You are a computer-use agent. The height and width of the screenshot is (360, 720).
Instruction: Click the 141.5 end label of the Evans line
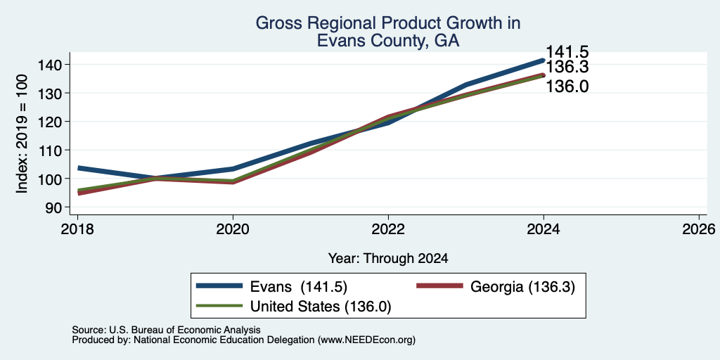[567, 52]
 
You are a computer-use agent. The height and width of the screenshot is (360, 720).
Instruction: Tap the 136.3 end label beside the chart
[567, 67]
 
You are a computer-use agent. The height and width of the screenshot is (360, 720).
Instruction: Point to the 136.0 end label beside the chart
[567, 86]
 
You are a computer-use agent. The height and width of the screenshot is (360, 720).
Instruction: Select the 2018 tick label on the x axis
[77, 229]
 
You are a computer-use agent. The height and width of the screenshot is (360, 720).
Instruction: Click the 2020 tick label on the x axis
[233, 229]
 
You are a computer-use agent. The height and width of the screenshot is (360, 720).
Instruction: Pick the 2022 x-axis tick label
[388, 229]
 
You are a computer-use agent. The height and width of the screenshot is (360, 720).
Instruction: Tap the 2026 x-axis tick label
[699, 229]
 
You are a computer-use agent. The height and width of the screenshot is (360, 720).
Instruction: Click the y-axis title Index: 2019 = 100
[22, 134]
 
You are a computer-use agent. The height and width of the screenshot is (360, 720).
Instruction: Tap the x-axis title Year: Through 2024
[388, 259]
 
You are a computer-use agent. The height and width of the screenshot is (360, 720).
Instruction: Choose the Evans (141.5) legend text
[298, 287]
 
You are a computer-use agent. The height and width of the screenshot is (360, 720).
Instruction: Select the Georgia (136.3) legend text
[522, 287]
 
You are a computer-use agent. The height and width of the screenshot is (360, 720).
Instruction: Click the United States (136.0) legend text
[321, 307]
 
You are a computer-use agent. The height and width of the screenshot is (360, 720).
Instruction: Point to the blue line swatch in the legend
[219, 286]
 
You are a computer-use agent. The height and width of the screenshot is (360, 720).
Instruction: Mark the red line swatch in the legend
[439, 286]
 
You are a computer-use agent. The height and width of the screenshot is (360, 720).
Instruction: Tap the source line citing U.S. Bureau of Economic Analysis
[166, 330]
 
